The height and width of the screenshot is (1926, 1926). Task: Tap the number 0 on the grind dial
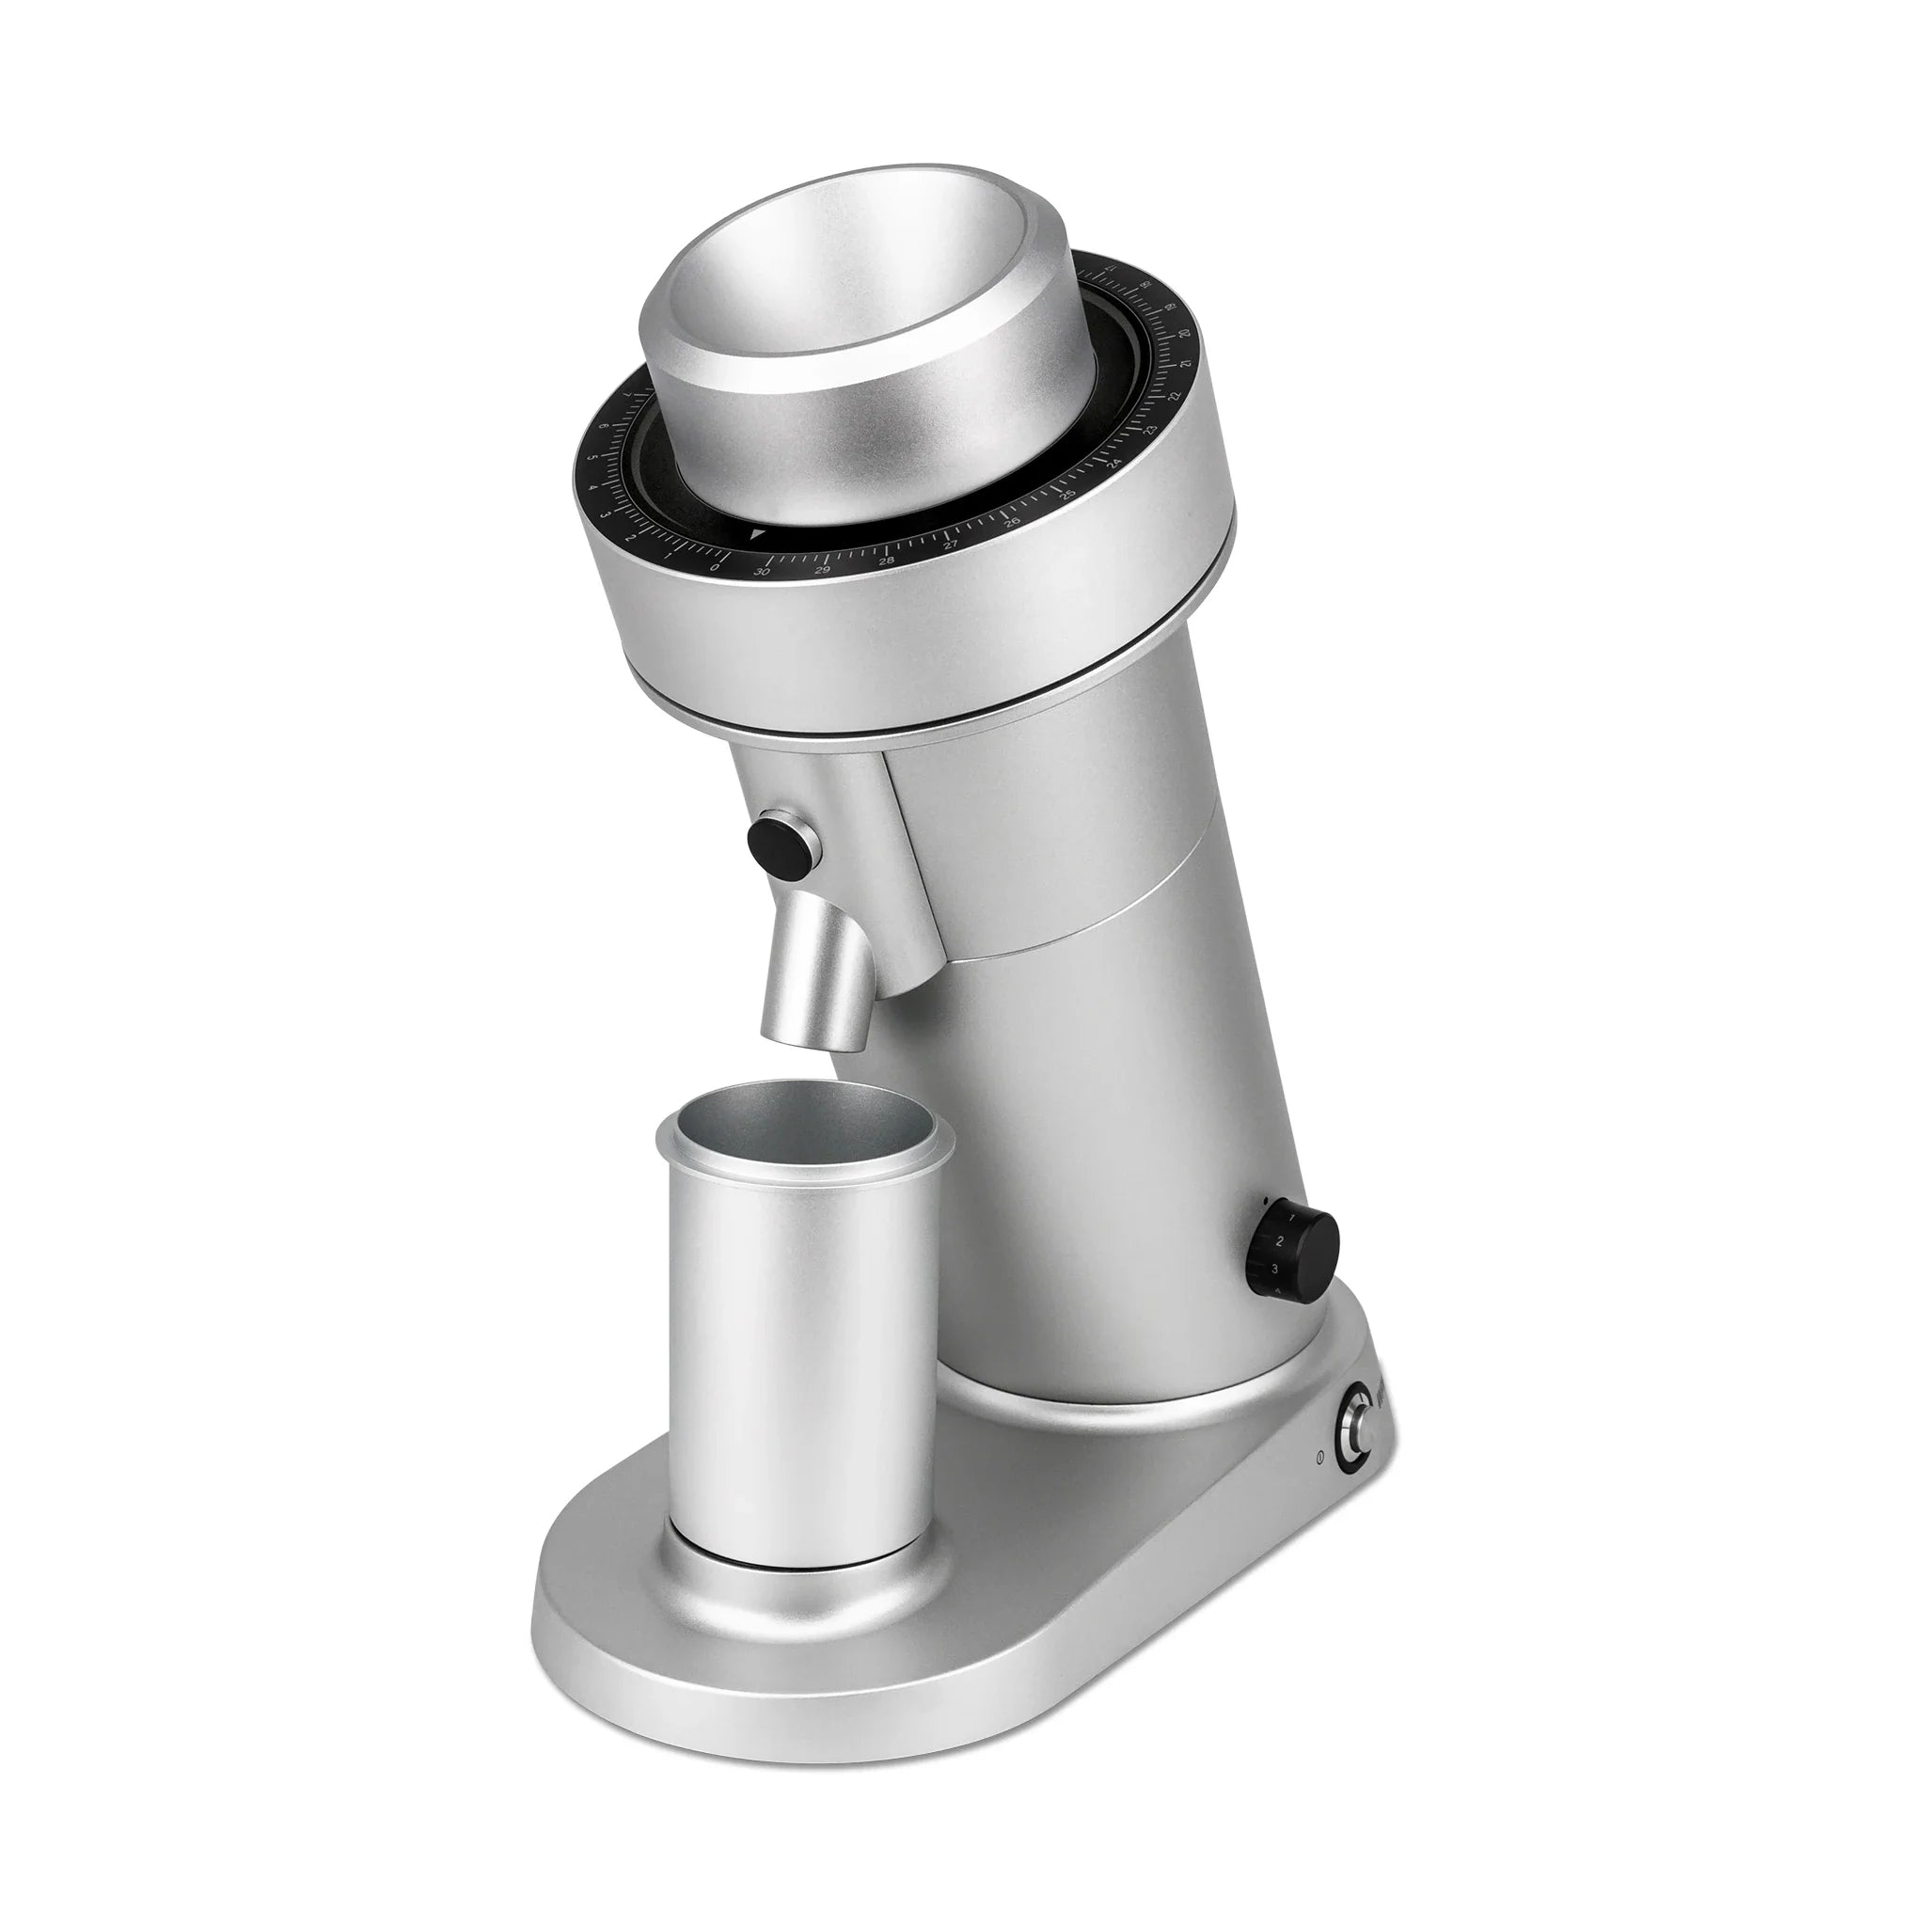pos(715,568)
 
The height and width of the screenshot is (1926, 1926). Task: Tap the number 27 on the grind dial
pos(951,545)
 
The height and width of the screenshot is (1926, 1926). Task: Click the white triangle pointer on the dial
pos(758,534)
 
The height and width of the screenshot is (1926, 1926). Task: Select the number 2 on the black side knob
pos(1280,1241)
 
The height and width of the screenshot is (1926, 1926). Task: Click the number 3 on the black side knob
pos(1275,1269)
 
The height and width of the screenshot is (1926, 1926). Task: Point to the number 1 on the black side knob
pos(1292,1218)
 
